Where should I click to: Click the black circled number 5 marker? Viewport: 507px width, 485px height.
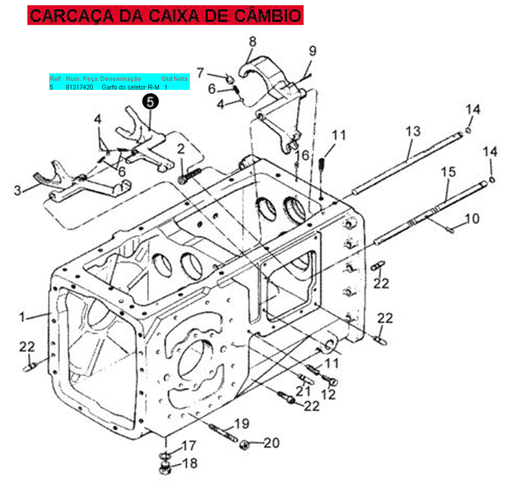150,102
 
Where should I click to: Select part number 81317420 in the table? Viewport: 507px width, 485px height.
79,87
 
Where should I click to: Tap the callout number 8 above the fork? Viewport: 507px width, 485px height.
253,42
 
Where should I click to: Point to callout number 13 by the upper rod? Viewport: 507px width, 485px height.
413,131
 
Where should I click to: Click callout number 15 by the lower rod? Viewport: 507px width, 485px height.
448,172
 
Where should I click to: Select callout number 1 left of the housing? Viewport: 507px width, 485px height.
22,317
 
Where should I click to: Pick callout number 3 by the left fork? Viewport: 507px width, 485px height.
18,190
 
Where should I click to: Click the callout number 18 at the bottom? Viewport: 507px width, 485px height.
190,463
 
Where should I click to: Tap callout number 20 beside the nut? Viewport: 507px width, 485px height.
272,443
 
